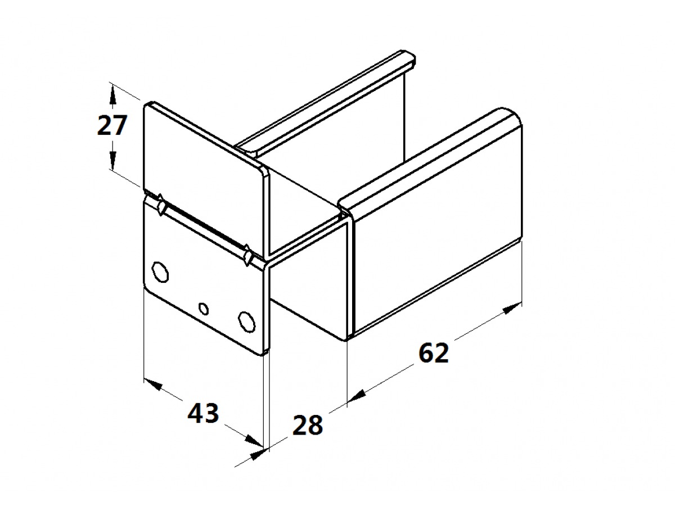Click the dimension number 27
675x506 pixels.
pos(111,125)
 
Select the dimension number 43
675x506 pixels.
pos(203,413)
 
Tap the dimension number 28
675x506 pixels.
pos(308,425)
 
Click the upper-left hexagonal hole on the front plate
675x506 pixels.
pos(160,272)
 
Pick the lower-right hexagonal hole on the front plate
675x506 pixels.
pos(247,322)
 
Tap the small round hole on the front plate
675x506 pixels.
pos(204,309)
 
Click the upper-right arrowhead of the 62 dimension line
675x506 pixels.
pos(512,308)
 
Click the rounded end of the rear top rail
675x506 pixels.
pos(408,58)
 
